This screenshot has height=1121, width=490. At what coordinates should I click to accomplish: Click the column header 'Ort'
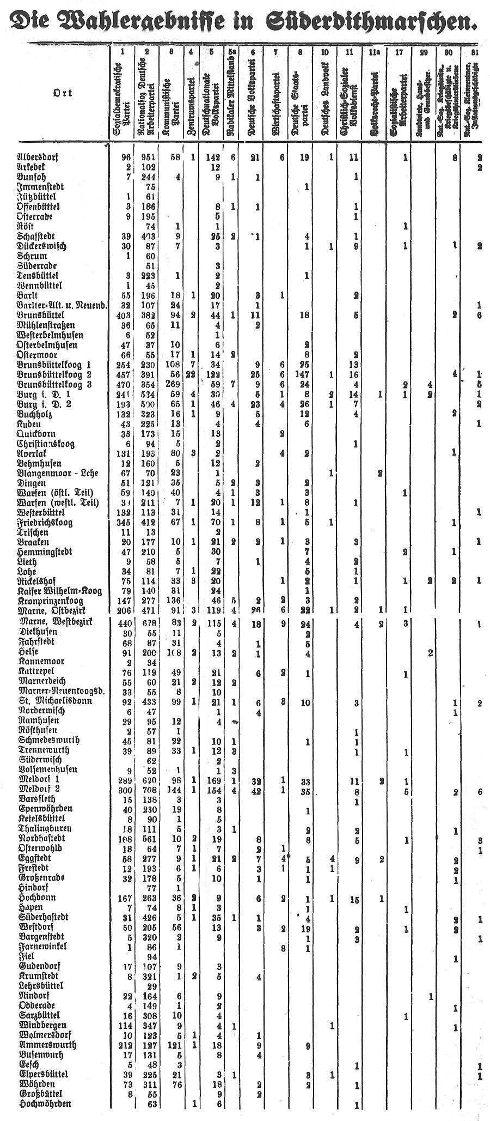point(62,93)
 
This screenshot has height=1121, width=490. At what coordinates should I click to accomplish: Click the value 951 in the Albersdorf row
point(148,158)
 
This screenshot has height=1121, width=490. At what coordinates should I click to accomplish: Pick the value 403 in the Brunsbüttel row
point(125,316)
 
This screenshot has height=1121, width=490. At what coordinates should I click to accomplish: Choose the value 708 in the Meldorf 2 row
point(148,790)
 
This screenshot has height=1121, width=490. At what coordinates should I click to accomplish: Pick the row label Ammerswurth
point(47,1045)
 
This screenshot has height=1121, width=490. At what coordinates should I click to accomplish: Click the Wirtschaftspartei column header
point(275,104)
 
